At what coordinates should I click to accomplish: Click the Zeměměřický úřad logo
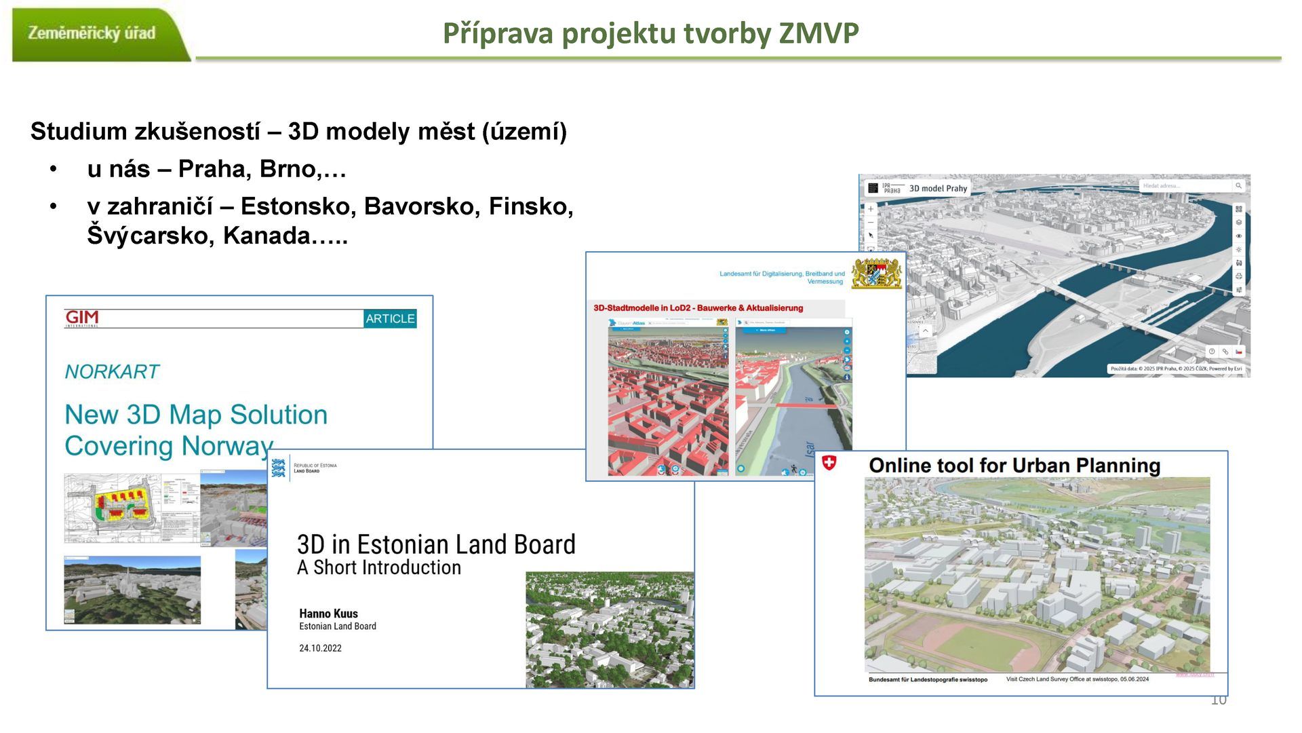tap(92, 33)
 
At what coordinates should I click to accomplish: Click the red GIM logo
tap(82, 318)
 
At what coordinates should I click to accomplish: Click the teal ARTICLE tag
tap(390, 318)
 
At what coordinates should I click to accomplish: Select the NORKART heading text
tap(112, 372)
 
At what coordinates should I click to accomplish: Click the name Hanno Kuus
tap(328, 614)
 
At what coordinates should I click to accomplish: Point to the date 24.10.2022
tap(320, 648)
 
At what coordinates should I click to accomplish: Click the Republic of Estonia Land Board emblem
tap(278, 468)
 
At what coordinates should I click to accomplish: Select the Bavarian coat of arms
tap(876, 274)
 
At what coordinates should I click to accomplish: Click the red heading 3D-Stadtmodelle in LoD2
tap(698, 308)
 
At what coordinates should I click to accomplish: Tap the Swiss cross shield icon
tap(829, 464)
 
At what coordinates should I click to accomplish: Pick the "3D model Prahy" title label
tap(938, 189)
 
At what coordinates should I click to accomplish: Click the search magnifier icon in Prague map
tap(1238, 186)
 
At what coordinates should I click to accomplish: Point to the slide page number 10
tap(1219, 700)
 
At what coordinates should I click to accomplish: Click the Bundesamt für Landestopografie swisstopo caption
tap(928, 679)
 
